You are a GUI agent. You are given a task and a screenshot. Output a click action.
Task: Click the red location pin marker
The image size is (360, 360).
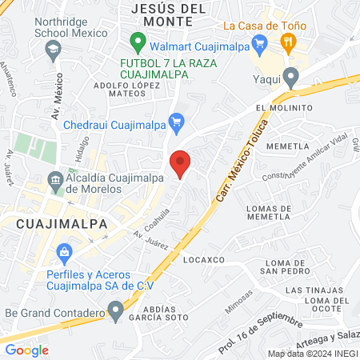point(181,163)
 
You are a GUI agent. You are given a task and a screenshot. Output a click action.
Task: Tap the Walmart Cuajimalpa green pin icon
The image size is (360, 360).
point(138,40)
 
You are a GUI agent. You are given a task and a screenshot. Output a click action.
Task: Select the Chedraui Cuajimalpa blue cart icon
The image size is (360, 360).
point(178,122)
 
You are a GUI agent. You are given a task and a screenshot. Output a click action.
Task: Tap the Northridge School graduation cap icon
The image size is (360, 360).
point(53,50)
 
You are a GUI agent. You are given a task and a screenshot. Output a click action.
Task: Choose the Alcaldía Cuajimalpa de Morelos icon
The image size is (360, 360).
point(55,181)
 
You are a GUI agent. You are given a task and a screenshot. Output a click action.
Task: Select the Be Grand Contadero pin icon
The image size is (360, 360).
point(116,308)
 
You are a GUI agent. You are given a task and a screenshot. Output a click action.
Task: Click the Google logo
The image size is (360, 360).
point(26,350)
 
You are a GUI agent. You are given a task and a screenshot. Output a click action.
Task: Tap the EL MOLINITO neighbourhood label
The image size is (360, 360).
point(284,108)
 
